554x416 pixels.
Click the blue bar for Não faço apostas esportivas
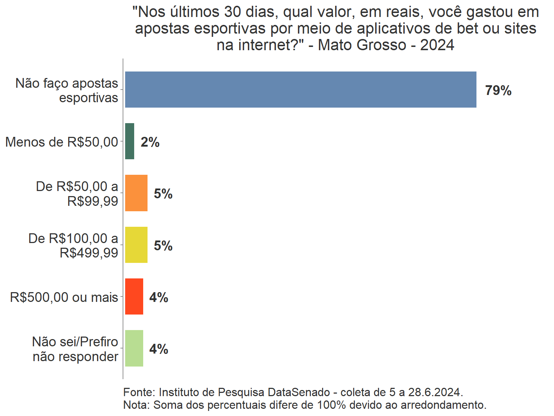[300, 90]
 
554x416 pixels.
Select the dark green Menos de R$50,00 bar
[129, 141]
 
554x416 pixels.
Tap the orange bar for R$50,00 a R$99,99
[136, 193]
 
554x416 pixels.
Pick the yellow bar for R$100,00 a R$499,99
[136, 245]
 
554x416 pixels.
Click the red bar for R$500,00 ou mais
[134, 296]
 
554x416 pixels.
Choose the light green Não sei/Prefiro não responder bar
[134, 348]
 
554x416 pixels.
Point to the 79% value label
[498, 90]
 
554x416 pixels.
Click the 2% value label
[150, 142]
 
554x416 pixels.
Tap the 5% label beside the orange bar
[163, 194]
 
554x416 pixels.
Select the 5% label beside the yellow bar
[163, 246]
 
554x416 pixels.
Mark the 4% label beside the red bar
[159, 298]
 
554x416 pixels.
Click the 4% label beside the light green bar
[159, 349]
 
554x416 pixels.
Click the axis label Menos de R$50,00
[62, 142]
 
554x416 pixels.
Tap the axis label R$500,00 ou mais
[64, 297]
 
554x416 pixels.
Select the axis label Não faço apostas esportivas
[67, 90]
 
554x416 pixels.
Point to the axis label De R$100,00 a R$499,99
[73, 246]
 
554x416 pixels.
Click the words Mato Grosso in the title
[362, 45]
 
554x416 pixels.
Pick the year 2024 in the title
[437, 45]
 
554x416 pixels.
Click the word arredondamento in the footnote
[443, 405]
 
